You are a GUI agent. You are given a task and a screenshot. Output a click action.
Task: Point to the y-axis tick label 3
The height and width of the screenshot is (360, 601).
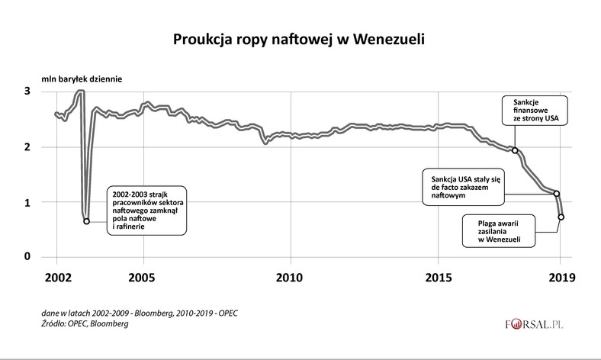pyautogui.click(x=27, y=92)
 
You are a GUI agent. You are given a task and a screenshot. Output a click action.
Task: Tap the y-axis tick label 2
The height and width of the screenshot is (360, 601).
pyautogui.click(x=27, y=147)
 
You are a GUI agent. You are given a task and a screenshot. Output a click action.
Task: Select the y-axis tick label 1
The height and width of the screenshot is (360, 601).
pyautogui.click(x=27, y=202)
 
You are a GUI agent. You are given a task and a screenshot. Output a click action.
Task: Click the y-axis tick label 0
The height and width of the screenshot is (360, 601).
pyautogui.click(x=27, y=257)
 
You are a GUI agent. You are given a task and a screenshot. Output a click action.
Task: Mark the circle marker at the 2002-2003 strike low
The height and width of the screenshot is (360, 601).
pyautogui.click(x=86, y=221)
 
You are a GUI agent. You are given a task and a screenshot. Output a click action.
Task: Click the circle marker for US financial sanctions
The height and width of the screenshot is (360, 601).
pyautogui.click(x=515, y=150)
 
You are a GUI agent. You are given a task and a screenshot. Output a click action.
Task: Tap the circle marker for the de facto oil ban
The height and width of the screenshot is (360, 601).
pyautogui.click(x=557, y=194)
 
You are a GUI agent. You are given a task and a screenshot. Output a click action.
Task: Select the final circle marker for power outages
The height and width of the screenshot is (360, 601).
pyautogui.click(x=561, y=217)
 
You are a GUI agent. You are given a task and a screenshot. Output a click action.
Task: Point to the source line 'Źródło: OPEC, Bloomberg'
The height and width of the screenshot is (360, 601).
pyautogui.click(x=85, y=324)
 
